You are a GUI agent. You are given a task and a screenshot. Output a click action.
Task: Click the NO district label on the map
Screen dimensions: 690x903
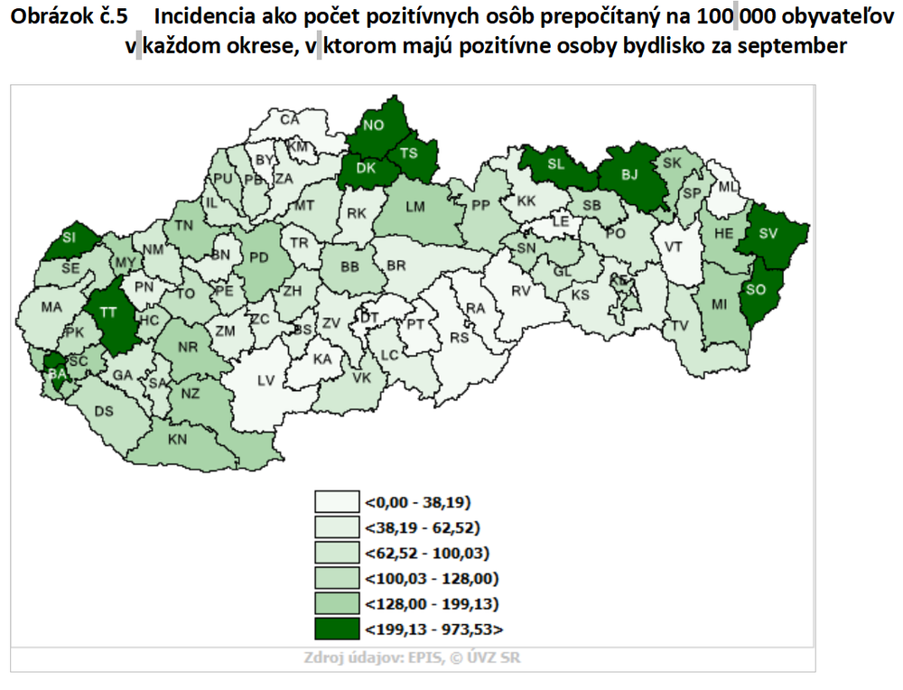(374, 126)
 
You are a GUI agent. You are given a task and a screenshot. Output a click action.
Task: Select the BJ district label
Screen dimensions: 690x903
(629, 174)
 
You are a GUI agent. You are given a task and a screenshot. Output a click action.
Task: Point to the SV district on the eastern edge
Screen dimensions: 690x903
(770, 234)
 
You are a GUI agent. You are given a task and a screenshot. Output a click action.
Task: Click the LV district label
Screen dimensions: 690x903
(265, 381)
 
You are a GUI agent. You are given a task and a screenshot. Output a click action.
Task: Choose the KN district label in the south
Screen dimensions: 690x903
(177, 442)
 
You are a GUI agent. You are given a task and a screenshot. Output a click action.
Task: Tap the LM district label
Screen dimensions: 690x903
(415, 207)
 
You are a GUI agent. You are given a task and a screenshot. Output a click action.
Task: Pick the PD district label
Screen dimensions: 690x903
(259, 258)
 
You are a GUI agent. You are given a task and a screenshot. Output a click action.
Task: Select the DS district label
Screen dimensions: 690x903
(105, 412)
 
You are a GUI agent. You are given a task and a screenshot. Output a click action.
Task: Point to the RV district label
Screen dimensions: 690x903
(521, 291)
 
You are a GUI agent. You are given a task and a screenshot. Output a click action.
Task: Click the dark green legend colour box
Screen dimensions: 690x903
(336, 628)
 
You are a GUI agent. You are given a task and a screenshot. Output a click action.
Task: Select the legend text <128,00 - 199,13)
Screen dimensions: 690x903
(432, 602)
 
